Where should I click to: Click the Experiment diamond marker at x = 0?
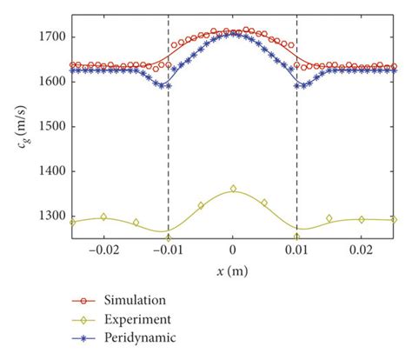[233, 189]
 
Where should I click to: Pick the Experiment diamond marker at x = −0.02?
[104, 217]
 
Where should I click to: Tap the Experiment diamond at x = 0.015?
[329, 218]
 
